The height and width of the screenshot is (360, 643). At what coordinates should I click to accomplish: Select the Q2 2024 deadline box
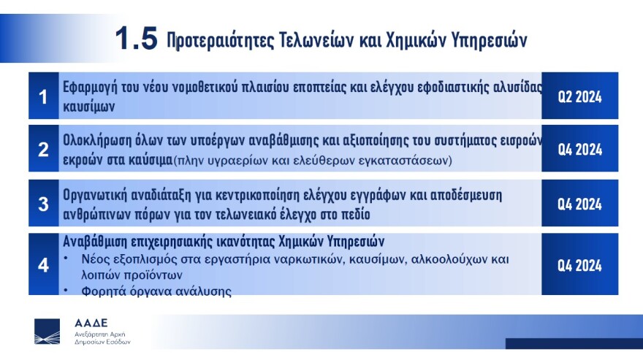tap(579, 96)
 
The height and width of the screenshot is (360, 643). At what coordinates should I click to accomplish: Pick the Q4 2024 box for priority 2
tap(579, 149)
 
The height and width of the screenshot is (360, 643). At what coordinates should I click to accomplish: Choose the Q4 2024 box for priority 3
tap(579, 204)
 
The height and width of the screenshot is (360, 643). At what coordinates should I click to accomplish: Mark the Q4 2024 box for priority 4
tap(579, 264)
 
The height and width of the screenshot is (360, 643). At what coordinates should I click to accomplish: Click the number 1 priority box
tap(44, 96)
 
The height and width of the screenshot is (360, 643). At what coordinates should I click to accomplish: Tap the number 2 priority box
tap(44, 149)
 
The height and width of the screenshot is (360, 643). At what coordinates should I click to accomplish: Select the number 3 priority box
tap(44, 204)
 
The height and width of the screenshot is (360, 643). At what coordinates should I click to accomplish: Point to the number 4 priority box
tap(44, 264)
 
